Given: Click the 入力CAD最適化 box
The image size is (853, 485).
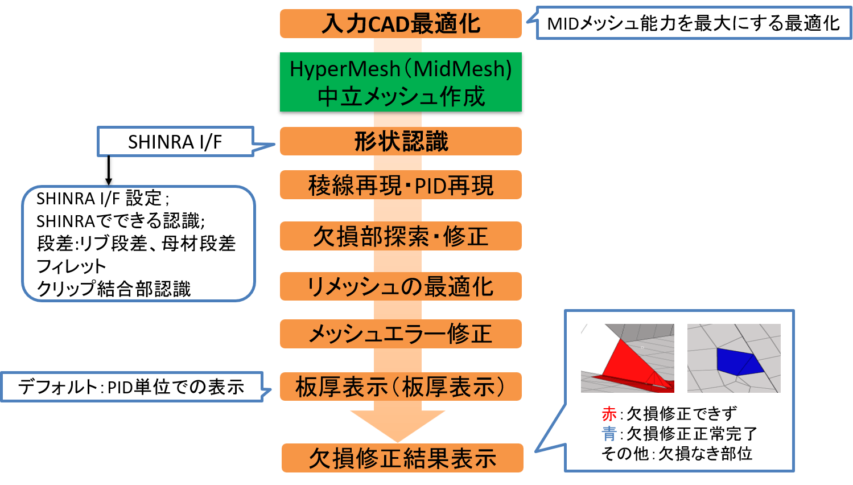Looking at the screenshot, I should pos(401,24).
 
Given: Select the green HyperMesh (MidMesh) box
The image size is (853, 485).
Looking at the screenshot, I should pos(401,84).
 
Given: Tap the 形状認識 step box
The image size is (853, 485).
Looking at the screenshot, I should pos(401,141).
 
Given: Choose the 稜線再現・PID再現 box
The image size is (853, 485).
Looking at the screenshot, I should pos(401,185).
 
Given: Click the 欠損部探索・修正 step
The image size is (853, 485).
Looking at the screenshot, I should pos(401,236).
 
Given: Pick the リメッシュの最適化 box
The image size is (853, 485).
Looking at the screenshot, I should pos(401,286).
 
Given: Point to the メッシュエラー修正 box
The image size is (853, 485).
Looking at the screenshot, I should pos(401,334).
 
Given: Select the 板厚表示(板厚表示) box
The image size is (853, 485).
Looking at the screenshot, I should pos(401,387).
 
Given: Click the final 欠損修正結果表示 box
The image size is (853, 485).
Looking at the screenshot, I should pos(402,458).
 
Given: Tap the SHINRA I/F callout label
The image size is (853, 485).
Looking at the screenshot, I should pos(175,142).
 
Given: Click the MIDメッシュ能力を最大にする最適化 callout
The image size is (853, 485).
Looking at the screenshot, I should pos(693,24).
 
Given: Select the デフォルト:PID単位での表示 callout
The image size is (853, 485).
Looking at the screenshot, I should pos(131,387).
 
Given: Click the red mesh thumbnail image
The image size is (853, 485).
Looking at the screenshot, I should pos(627,358).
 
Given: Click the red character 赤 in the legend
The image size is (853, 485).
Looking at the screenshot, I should pos(609,414).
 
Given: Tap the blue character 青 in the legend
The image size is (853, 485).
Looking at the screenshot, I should pos(609,434).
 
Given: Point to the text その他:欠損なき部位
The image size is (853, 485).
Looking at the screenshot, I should pos(677,454).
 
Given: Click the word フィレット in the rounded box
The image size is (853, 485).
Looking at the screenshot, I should pos(71,266).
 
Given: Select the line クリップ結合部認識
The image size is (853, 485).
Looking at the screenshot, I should pos(113,289).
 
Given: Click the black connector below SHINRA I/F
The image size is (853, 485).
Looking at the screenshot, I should pos(108,170).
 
